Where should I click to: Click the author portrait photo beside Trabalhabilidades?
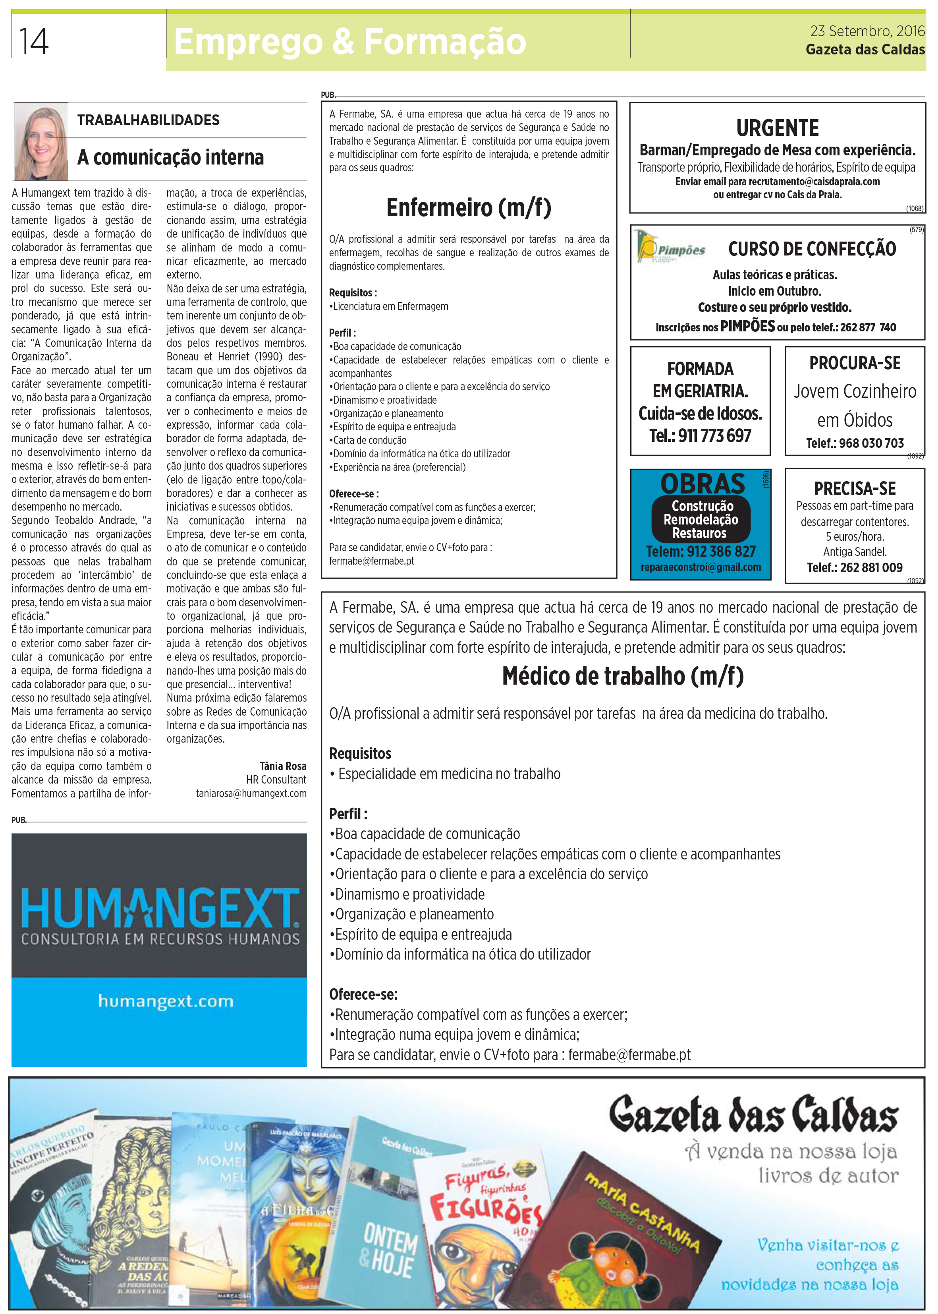click(41, 141)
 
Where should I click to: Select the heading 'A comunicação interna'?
click(170, 157)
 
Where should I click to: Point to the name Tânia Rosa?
click(283, 766)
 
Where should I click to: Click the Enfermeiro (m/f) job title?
click(469, 207)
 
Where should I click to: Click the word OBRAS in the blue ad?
click(703, 483)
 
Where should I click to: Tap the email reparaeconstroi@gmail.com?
click(701, 567)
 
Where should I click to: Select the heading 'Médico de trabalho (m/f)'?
click(623, 675)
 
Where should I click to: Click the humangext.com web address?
click(166, 1001)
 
